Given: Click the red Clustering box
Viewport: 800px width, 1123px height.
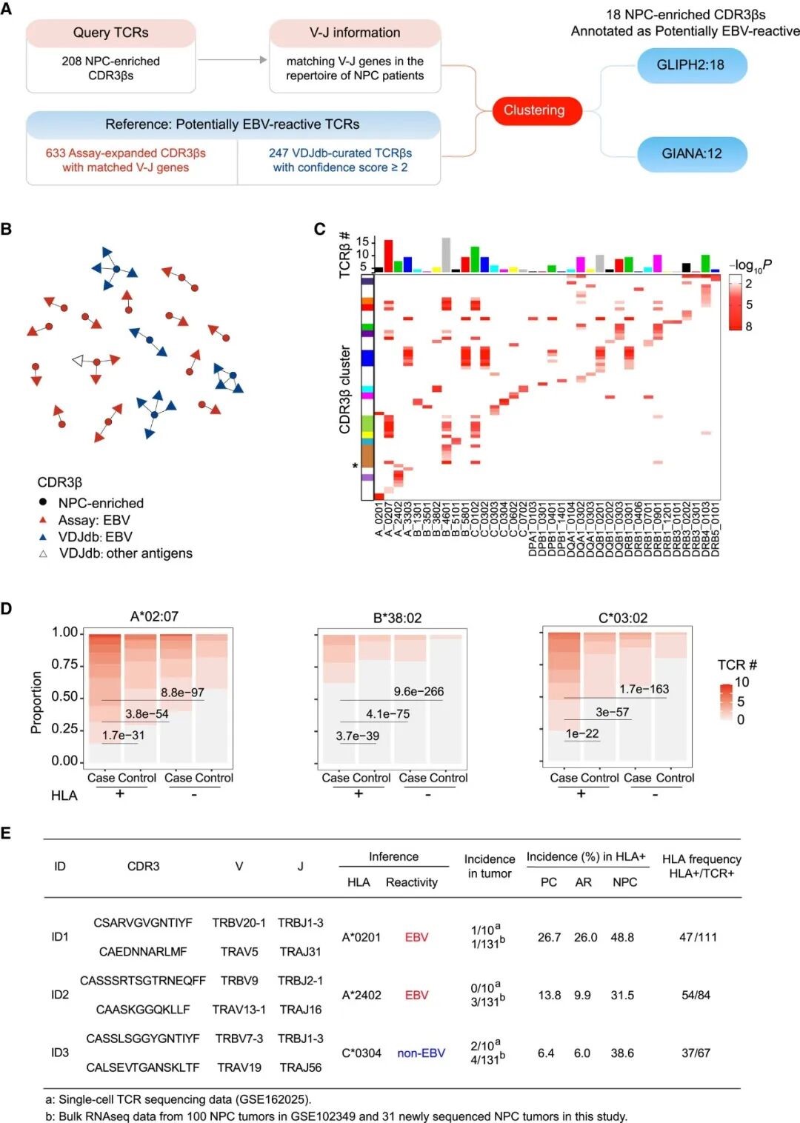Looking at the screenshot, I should pyautogui.click(x=535, y=110).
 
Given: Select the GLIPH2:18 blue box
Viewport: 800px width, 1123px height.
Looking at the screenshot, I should pyautogui.click(x=690, y=64).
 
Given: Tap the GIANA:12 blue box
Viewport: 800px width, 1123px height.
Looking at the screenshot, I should pyautogui.click(x=691, y=154).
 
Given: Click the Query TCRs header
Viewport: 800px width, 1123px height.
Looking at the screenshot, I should pyautogui.click(x=110, y=33).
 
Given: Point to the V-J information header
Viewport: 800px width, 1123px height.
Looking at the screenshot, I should pyautogui.click(x=355, y=33).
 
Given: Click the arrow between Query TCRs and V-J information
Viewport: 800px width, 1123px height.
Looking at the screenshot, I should pyautogui.click(x=233, y=60).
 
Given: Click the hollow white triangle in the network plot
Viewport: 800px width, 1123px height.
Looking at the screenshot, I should pyautogui.click(x=78, y=361).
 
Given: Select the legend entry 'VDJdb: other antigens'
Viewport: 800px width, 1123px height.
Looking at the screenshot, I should pyautogui.click(x=125, y=553).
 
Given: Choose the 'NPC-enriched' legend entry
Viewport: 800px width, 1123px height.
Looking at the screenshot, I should pyautogui.click(x=101, y=503).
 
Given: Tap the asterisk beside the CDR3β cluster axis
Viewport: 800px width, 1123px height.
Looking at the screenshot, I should pyautogui.click(x=355, y=467).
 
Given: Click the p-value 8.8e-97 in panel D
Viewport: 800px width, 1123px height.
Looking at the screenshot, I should pyautogui.click(x=182, y=693).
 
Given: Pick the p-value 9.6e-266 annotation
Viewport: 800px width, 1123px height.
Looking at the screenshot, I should pyautogui.click(x=419, y=691).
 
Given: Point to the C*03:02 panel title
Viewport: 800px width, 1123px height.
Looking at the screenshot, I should pyautogui.click(x=623, y=618).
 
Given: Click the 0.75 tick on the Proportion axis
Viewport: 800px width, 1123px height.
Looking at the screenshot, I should pyautogui.click(x=64, y=664).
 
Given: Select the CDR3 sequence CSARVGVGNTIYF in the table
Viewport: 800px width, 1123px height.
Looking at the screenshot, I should pyautogui.click(x=143, y=922).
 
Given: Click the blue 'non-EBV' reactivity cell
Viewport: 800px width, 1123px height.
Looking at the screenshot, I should pyautogui.click(x=421, y=1053).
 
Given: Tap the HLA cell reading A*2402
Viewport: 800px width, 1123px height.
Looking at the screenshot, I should pyautogui.click(x=361, y=995).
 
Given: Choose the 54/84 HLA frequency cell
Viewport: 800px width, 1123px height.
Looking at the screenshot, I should pyautogui.click(x=696, y=995).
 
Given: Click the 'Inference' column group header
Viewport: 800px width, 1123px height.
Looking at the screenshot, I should pyautogui.click(x=393, y=856).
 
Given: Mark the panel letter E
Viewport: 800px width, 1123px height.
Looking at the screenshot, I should pyautogui.click(x=6, y=833).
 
